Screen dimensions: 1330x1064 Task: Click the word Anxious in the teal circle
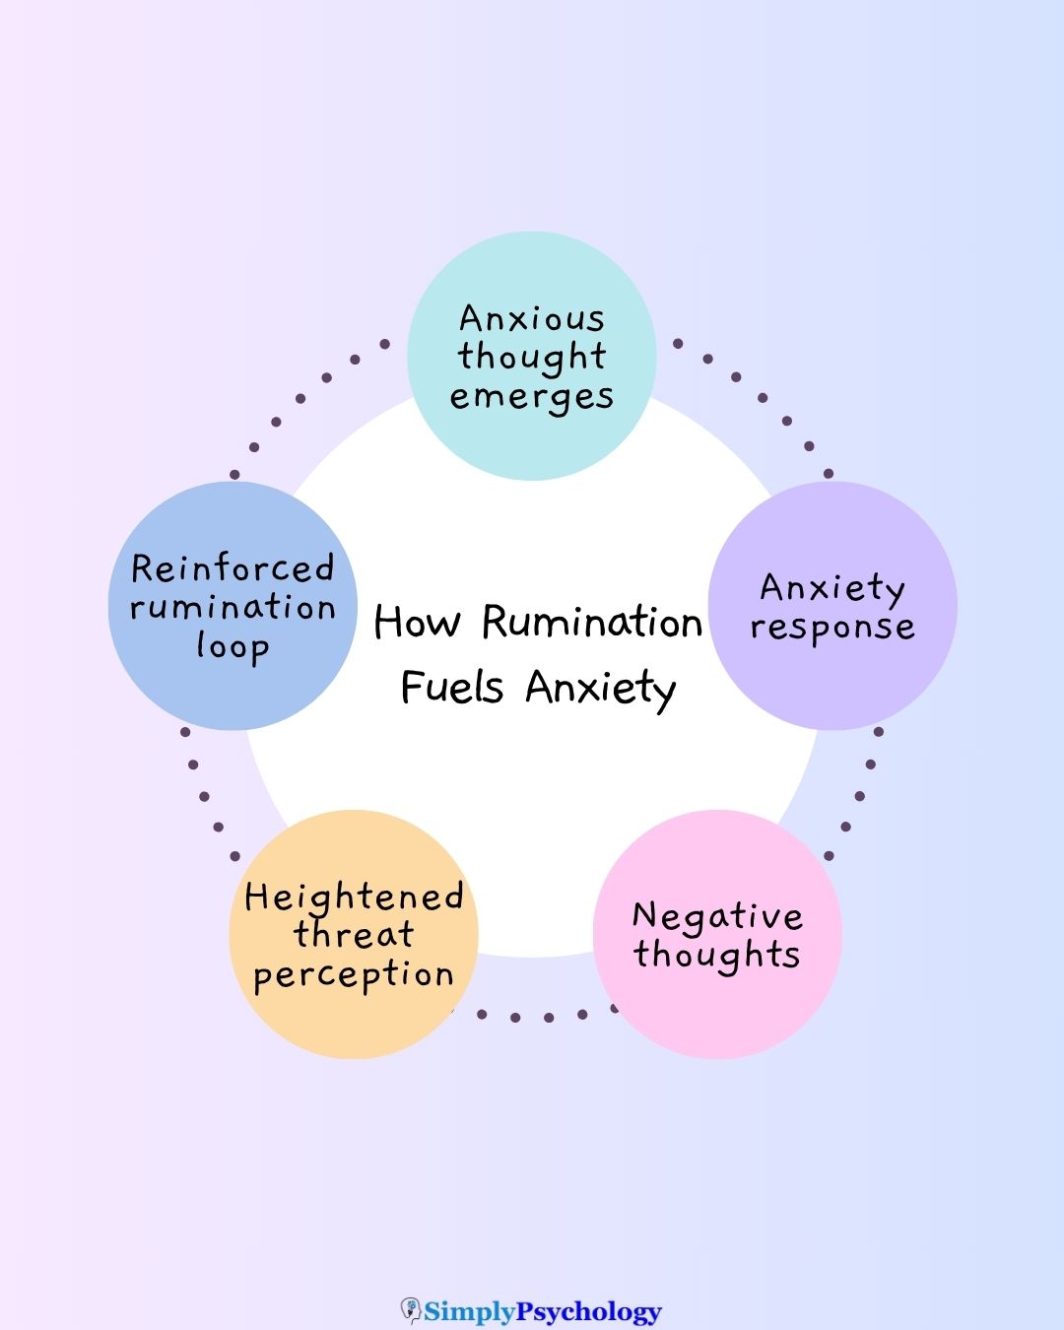point(531,319)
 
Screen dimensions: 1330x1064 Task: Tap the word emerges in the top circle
point(531,397)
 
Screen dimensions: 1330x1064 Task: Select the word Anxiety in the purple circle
point(831,588)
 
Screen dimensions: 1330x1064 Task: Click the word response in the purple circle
point(831,628)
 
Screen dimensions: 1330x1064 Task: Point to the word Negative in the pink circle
point(717,916)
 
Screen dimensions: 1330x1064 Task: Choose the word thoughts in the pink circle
point(717,955)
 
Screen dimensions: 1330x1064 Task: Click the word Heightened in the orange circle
point(354,898)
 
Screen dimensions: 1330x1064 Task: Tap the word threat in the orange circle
point(354,934)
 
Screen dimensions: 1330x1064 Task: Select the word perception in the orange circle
point(354,975)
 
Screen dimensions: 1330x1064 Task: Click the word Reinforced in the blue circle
point(233,568)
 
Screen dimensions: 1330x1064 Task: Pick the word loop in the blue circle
point(233,647)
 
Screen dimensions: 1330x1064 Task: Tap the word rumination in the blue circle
point(233,607)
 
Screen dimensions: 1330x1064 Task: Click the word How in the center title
point(417,623)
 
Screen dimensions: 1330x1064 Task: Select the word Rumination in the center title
point(591,623)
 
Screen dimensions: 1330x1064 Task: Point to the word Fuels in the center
point(452,687)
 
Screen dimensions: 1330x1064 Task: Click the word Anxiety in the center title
point(600,687)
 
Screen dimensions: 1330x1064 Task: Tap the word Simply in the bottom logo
point(470,1311)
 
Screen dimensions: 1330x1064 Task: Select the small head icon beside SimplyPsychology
point(411,1310)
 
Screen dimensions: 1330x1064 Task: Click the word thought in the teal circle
point(531,357)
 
